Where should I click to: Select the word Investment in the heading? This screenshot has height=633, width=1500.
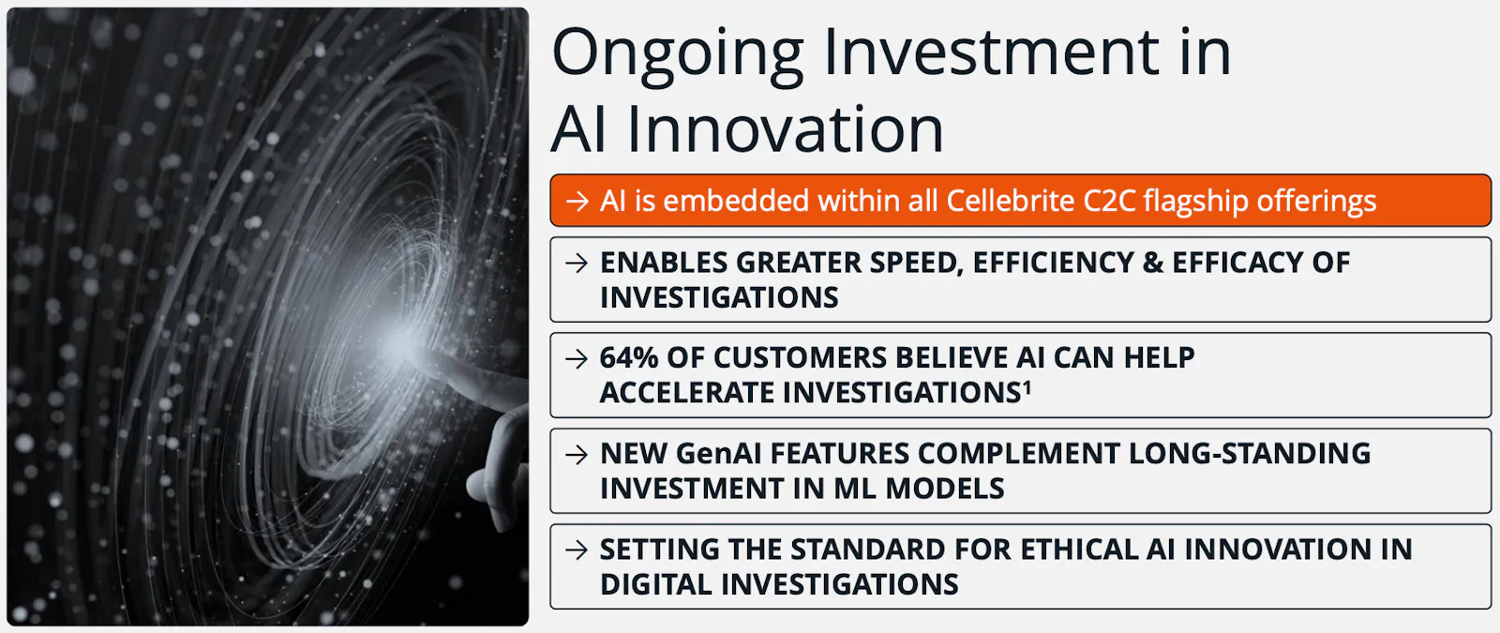pyautogui.click(x=991, y=53)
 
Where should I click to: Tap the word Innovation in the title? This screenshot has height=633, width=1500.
pyautogui.click(x=785, y=129)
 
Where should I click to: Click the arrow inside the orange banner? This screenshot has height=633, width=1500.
pyautogui.click(x=577, y=201)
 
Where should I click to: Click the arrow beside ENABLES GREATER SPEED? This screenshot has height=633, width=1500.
pyautogui.click(x=577, y=264)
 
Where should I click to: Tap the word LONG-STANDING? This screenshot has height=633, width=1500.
pyautogui.click(x=1250, y=454)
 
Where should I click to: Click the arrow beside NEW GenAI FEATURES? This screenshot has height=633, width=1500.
pyautogui.click(x=577, y=455)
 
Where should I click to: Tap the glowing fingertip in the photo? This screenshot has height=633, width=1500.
pyautogui.click(x=410, y=346)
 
